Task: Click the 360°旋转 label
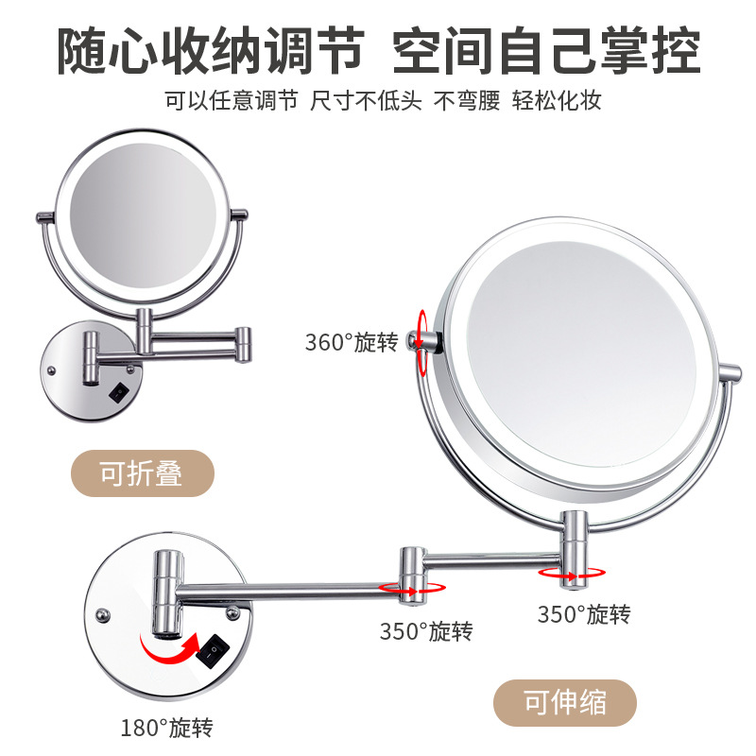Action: click(352, 342)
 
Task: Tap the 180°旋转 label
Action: click(166, 728)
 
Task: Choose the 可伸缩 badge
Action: click(565, 703)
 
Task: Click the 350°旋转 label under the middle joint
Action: click(426, 630)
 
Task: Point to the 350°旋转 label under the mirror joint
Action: click(584, 615)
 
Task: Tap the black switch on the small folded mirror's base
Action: click(120, 389)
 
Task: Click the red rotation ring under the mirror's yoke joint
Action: click(571, 572)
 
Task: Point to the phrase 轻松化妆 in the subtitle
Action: click(558, 101)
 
